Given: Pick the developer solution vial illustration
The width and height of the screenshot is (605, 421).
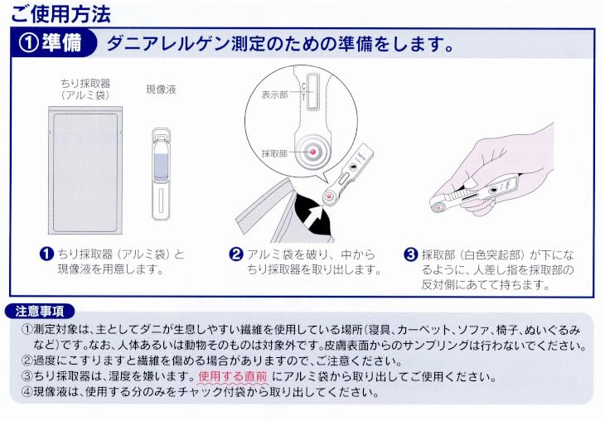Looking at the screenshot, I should click(x=161, y=175).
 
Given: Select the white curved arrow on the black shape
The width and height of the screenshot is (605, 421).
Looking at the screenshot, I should click(x=314, y=216).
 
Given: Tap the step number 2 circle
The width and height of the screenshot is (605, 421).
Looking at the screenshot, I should click(x=235, y=254).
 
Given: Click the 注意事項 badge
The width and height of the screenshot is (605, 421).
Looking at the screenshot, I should click(x=41, y=312).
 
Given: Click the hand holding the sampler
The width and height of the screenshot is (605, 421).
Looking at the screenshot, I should click(x=514, y=166).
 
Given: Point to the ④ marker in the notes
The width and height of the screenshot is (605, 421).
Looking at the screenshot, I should click(x=26, y=391).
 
